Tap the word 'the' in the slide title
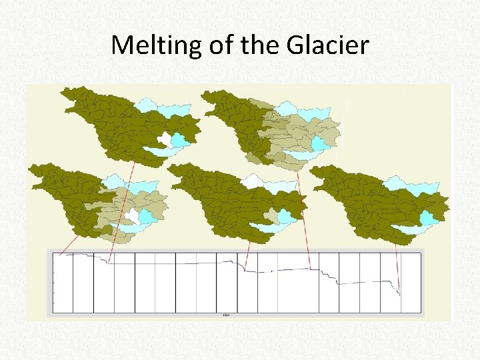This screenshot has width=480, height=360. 261,45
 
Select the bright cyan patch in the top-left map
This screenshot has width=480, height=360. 179,140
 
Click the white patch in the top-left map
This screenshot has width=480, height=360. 165,139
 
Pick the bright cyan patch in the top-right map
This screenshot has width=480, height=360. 321,143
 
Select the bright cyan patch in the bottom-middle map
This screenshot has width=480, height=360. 287,216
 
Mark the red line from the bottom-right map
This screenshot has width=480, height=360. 398,267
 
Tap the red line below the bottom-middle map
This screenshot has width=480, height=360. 247,256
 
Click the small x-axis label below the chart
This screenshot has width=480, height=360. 225,315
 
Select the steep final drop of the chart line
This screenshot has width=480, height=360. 397,287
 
